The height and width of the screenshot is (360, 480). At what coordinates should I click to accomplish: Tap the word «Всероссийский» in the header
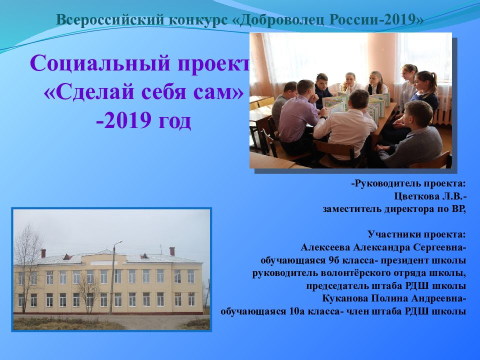point(110,20)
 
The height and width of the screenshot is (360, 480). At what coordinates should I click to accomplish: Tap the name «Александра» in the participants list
point(381,247)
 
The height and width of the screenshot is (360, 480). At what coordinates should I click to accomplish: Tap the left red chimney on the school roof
point(43,253)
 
